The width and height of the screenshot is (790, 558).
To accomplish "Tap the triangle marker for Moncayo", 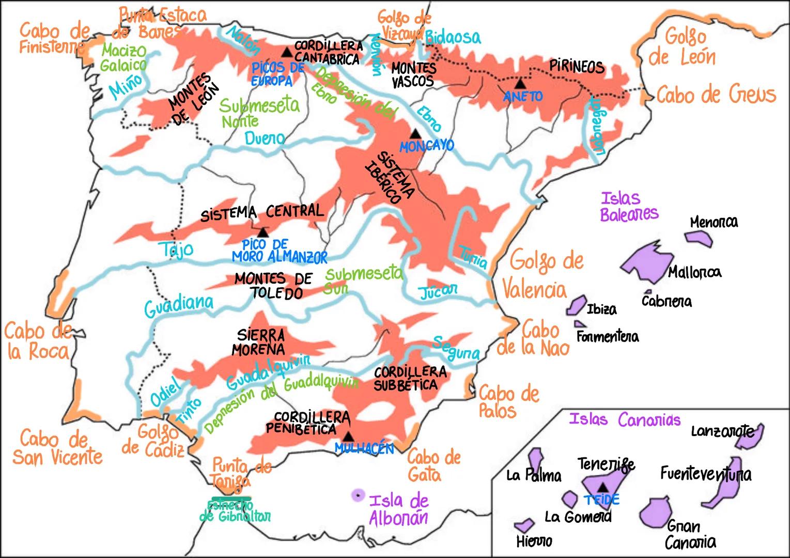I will point(415,133).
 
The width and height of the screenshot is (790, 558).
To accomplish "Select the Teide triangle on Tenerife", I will point(602,487).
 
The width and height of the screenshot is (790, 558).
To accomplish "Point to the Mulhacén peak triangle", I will point(349,436).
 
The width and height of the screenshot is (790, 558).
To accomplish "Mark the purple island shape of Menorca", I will point(699,238).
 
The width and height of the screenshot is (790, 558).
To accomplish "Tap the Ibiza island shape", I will point(576,306).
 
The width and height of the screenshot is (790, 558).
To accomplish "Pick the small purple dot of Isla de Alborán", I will point(357,495).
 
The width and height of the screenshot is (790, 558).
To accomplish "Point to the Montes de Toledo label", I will point(273,286).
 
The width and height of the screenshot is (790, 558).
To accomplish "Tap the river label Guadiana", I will point(178,306).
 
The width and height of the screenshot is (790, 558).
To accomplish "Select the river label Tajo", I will point(176,250).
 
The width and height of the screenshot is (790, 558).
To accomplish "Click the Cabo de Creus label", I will point(716,95).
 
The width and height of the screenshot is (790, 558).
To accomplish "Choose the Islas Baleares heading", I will point(629,206).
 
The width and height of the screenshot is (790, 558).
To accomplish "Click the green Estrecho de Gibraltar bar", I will point(228,499).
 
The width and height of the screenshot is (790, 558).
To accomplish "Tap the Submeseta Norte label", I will point(258,112).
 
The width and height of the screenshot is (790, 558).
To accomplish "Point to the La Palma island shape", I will point(535,459).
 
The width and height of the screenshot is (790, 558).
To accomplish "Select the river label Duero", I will point(264,138).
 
